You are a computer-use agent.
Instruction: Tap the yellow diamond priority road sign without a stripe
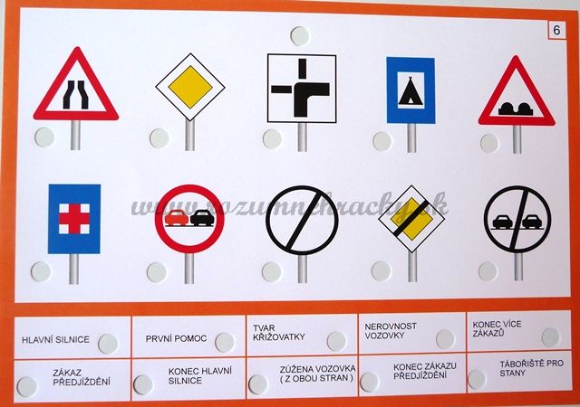tap(190, 87)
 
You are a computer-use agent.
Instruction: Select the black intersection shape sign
tap(302, 89)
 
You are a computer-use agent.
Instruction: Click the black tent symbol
tap(411, 91)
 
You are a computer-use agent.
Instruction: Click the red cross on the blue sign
tap(74, 219)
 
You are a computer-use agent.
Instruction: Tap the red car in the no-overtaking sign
tap(177, 218)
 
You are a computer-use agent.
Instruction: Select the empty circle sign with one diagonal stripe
tap(302, 221)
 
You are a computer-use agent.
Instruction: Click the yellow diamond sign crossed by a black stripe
tap(411, 219)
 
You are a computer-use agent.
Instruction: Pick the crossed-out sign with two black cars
tap(517, 220)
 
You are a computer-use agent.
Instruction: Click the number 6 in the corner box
tap(556, 30)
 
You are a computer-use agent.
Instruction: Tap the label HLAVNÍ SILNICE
tap(56, 340)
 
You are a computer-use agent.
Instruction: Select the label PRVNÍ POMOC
tap(176, 338)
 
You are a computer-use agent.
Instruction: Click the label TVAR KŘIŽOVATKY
tap(279, 333)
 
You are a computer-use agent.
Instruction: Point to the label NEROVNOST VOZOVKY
tap(391, 331)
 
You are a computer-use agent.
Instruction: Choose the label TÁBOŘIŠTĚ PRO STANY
tap(532, 368)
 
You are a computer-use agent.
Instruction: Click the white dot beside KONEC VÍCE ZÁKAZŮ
tap(551, 337)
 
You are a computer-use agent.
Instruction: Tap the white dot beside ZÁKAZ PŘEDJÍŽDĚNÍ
tap(27, 387)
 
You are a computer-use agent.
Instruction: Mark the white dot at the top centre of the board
tap(300, 36)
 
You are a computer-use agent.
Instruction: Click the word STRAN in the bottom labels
tap(335, 378)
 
